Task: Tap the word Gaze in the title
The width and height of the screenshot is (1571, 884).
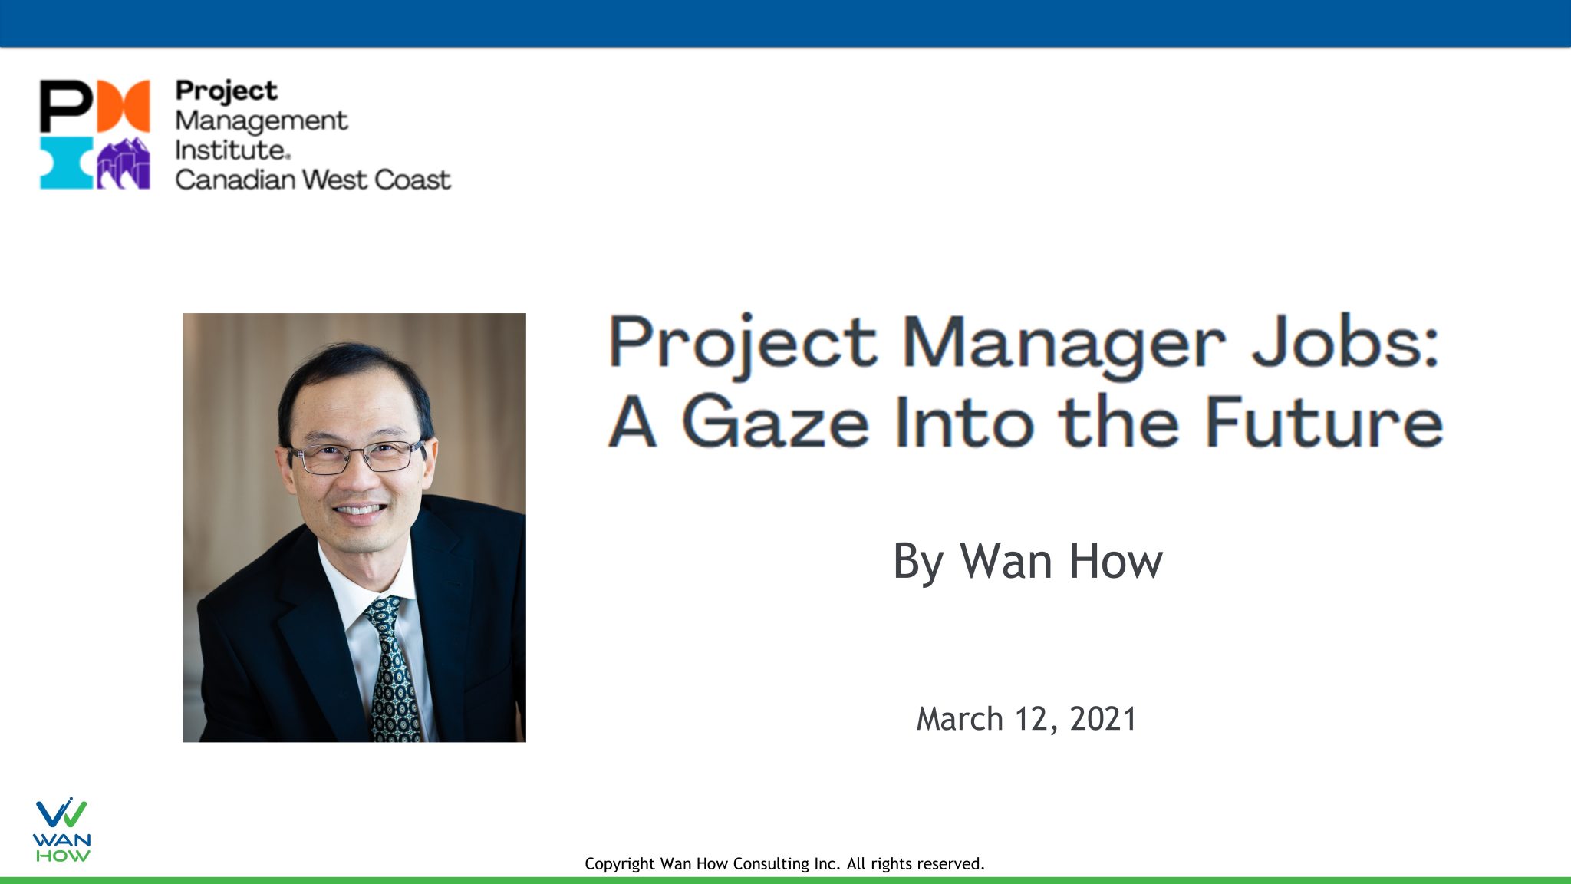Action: coord(775,422)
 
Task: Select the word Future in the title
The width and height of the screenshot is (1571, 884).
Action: coord(1324,422)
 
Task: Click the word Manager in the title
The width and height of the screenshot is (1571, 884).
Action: coord(1063,345)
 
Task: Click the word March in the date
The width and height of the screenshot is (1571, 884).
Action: coord(960,719)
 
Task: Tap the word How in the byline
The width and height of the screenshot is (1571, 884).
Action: coord(1116,561)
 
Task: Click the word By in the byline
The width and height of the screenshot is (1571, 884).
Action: coord(917,562)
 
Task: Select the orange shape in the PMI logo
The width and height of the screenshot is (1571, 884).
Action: coord(123,105)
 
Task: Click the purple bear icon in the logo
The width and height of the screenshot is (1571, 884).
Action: coord(123,163)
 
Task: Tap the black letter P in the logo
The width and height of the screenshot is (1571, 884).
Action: coord(65,105)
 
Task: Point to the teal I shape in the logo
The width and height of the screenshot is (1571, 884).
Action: coord(65,163)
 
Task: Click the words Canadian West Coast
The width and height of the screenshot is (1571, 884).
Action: coord(312,180)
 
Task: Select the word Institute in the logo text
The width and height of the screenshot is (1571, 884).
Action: coord(229,150)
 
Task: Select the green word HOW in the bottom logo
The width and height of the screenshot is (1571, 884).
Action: coord(62,856)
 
